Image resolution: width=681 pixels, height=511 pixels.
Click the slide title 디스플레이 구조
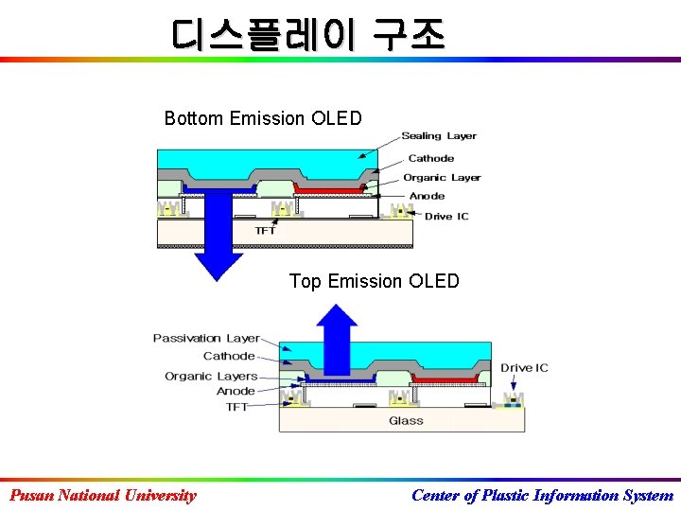click(x=307, y=35)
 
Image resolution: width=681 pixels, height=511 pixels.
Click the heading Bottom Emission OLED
click(x=263, y=118)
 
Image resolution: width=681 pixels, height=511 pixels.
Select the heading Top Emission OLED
click(x=374, y=281)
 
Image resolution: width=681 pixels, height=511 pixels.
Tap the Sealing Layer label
click(x=439, y=136)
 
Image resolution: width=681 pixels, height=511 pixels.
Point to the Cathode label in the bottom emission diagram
click(x=430, y=158)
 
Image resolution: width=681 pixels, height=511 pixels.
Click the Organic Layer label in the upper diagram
click(x=442, y=177)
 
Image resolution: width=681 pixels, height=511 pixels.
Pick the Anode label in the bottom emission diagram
click(x=427, y=196)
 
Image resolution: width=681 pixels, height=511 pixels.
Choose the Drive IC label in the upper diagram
click(x=446, y=217)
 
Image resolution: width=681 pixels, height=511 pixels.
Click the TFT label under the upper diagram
click(x=266, y=230)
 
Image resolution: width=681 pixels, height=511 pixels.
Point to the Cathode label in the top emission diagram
click(x=229, y=357)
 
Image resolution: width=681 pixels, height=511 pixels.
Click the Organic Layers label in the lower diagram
click(x=211, y=376)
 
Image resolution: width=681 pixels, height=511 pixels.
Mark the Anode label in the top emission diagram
click(x=236, y=391)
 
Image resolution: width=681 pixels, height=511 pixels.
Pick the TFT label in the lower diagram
click(x=236, y=407)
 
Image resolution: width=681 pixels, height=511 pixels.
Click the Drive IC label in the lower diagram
click(x=524, y=368)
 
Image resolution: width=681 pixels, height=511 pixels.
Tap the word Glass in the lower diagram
click(x=406, y=421)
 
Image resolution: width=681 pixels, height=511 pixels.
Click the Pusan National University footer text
click(x=103, y=495)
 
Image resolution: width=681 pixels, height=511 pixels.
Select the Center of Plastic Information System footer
click(x=542, y=495)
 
